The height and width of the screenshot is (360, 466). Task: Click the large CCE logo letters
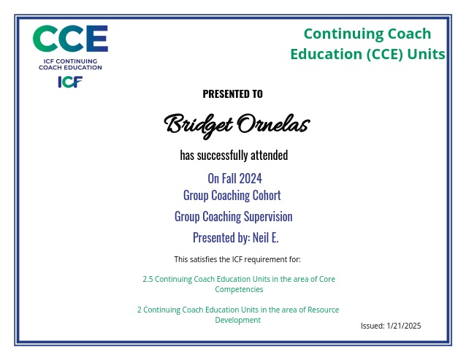tap(70, 39)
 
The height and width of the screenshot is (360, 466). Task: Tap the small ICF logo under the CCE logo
tap(70, 82)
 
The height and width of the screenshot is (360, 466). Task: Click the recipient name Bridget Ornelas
tap(237, 125)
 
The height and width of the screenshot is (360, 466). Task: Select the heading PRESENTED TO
tap(233, 94)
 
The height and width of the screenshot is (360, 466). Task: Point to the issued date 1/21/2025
tap(404, 326)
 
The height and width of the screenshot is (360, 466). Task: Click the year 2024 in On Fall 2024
tap(251, 178)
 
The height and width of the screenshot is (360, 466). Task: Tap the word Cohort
tap(267, 195)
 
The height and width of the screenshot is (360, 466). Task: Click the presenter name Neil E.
tap(266, 237)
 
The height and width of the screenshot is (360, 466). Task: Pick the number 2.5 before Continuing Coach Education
tap(148, 279)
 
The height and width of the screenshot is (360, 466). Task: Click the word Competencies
tap(239, 290)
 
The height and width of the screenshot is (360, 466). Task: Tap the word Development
tap(238, 320)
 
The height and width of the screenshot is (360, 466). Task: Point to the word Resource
tap(323, 310)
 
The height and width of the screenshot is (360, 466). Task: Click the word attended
tap(270, 155)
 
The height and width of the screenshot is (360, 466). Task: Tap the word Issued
tap(373, 326)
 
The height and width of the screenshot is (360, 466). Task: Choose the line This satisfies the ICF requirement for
tap(237, 260)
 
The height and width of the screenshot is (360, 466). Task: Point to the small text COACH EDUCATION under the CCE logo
tap(70, 67)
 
